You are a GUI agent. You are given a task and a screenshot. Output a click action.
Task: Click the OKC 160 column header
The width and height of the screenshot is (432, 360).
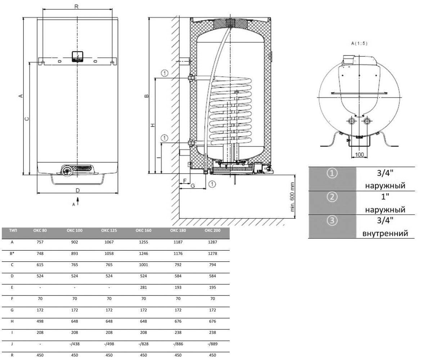(143, 230)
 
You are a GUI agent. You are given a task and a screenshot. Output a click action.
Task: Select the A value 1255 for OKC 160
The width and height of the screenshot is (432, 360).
(143, 242)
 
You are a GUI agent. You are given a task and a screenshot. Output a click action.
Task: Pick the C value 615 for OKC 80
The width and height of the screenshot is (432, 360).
(40, 265)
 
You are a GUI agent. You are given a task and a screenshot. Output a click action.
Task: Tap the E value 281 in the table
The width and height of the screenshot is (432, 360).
(143, 287)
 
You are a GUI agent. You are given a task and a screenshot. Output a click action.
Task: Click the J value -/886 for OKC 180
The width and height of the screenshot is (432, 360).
(178, 344)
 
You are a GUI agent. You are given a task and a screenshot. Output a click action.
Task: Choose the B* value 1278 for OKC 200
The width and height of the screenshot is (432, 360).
(212, 253)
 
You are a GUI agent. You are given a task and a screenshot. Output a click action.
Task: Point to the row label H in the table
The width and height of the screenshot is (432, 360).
(12, 321)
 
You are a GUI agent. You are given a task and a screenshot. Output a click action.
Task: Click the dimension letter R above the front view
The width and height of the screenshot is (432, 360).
(76, 6)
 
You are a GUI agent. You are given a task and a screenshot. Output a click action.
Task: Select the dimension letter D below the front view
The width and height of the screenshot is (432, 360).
(78, 190)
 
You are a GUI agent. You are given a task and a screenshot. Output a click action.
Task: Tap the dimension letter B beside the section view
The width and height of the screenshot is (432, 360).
(147, 96)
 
